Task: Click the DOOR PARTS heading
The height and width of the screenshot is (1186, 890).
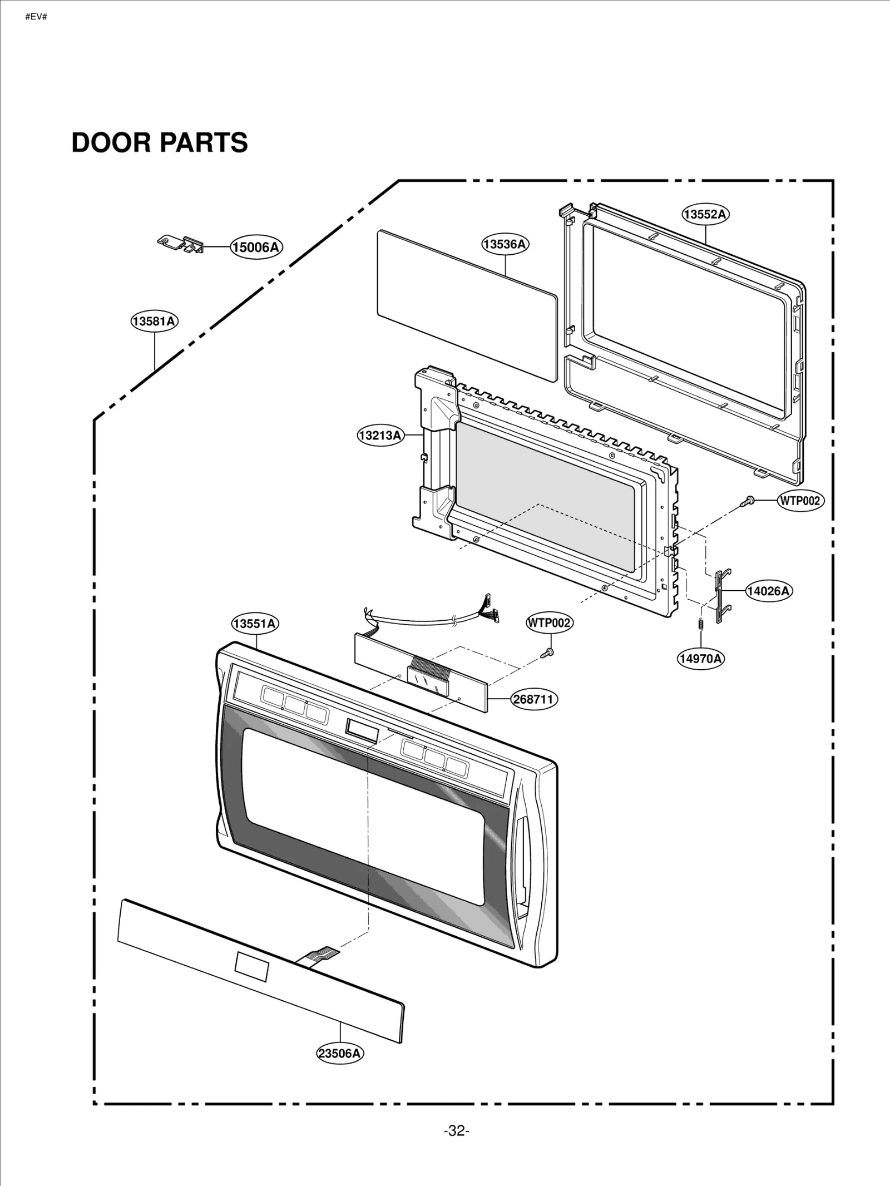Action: tap(160, 142)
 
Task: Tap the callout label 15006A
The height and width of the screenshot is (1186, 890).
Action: tap(256, 247)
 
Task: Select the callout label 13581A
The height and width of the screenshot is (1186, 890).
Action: tap(154, 321)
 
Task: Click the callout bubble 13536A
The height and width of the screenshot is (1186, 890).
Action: tap(505, 244)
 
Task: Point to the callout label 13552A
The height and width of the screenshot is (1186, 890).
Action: tap(705, 214)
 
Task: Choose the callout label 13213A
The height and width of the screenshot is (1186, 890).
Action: tap(380, 435)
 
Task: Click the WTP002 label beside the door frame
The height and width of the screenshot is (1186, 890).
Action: tap(800, 501)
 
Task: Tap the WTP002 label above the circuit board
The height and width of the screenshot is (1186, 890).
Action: tap(549, 622)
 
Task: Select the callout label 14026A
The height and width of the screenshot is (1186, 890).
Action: tap(769, 591)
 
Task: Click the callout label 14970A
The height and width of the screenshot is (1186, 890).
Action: tap(701, 659)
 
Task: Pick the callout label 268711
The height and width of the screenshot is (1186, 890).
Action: tap(534, 699)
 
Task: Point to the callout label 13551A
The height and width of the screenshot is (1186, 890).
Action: tap(255, 624)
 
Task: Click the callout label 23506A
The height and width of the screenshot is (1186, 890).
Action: tap(340, 1053)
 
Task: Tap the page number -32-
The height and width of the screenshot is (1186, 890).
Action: tap(456, 1131)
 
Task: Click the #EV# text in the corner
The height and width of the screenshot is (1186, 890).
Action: tap(36, 17)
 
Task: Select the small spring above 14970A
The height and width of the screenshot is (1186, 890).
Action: tap(701, 624)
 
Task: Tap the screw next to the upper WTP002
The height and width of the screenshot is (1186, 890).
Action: tap(747, 501)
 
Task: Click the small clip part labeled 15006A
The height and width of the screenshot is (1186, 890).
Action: tap(181, 244)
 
